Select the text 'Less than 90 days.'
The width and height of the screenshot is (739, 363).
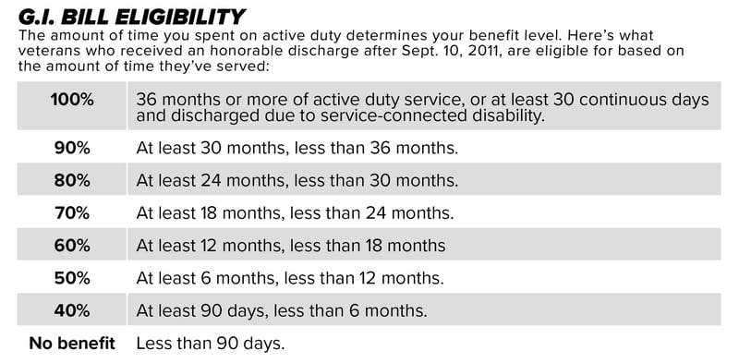click(210, 344)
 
